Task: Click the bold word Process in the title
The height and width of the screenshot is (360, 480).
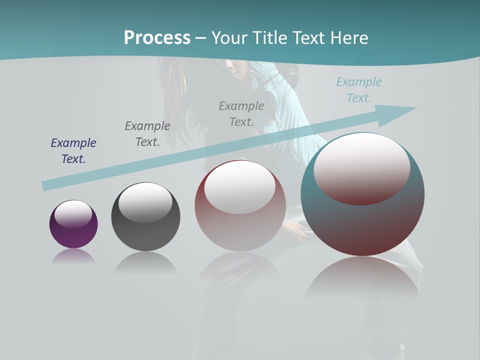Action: pos(157,38)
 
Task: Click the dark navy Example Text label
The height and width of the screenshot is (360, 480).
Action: pos(73,150)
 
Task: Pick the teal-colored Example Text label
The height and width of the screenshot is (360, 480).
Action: pos(359,90)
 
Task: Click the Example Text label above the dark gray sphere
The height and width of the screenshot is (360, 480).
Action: pos(147,133)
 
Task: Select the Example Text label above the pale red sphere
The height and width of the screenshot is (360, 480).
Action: pos(241,113)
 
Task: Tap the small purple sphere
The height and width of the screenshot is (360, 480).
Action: pos(73,235)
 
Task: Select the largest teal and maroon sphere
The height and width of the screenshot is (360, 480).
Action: pos(362,225)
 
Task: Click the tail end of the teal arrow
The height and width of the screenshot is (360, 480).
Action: pos(46,185)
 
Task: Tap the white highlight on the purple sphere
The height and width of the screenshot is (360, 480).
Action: pos(73,213)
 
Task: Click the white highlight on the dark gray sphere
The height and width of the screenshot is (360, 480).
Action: pos(145,201)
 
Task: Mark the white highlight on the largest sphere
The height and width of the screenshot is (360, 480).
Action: pos(362,167)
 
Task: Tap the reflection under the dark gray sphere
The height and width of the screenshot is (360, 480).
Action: pos(145,262)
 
